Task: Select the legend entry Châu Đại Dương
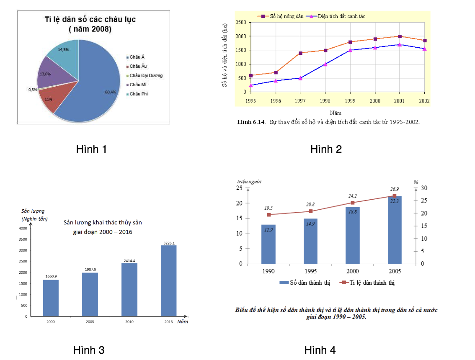(145, 75)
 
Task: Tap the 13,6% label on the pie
(45, 74)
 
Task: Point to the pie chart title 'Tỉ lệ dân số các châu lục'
(90, 19)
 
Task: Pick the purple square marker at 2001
(400, 36)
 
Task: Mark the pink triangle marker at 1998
(325, 64)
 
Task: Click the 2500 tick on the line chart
(241, 23)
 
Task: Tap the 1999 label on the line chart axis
(350, 101)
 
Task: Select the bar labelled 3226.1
(169, 280)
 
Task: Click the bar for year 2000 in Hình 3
(51, 298)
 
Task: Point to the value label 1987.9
(90, 270)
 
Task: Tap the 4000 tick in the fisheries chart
(23, 228)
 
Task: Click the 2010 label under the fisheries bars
(129, 322)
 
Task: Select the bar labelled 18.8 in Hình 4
(353, 235)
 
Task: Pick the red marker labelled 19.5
(268, 215)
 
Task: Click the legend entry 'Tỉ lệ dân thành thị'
(367, 283)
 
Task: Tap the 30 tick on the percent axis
(424, 188)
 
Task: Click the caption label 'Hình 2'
(326, 149)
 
